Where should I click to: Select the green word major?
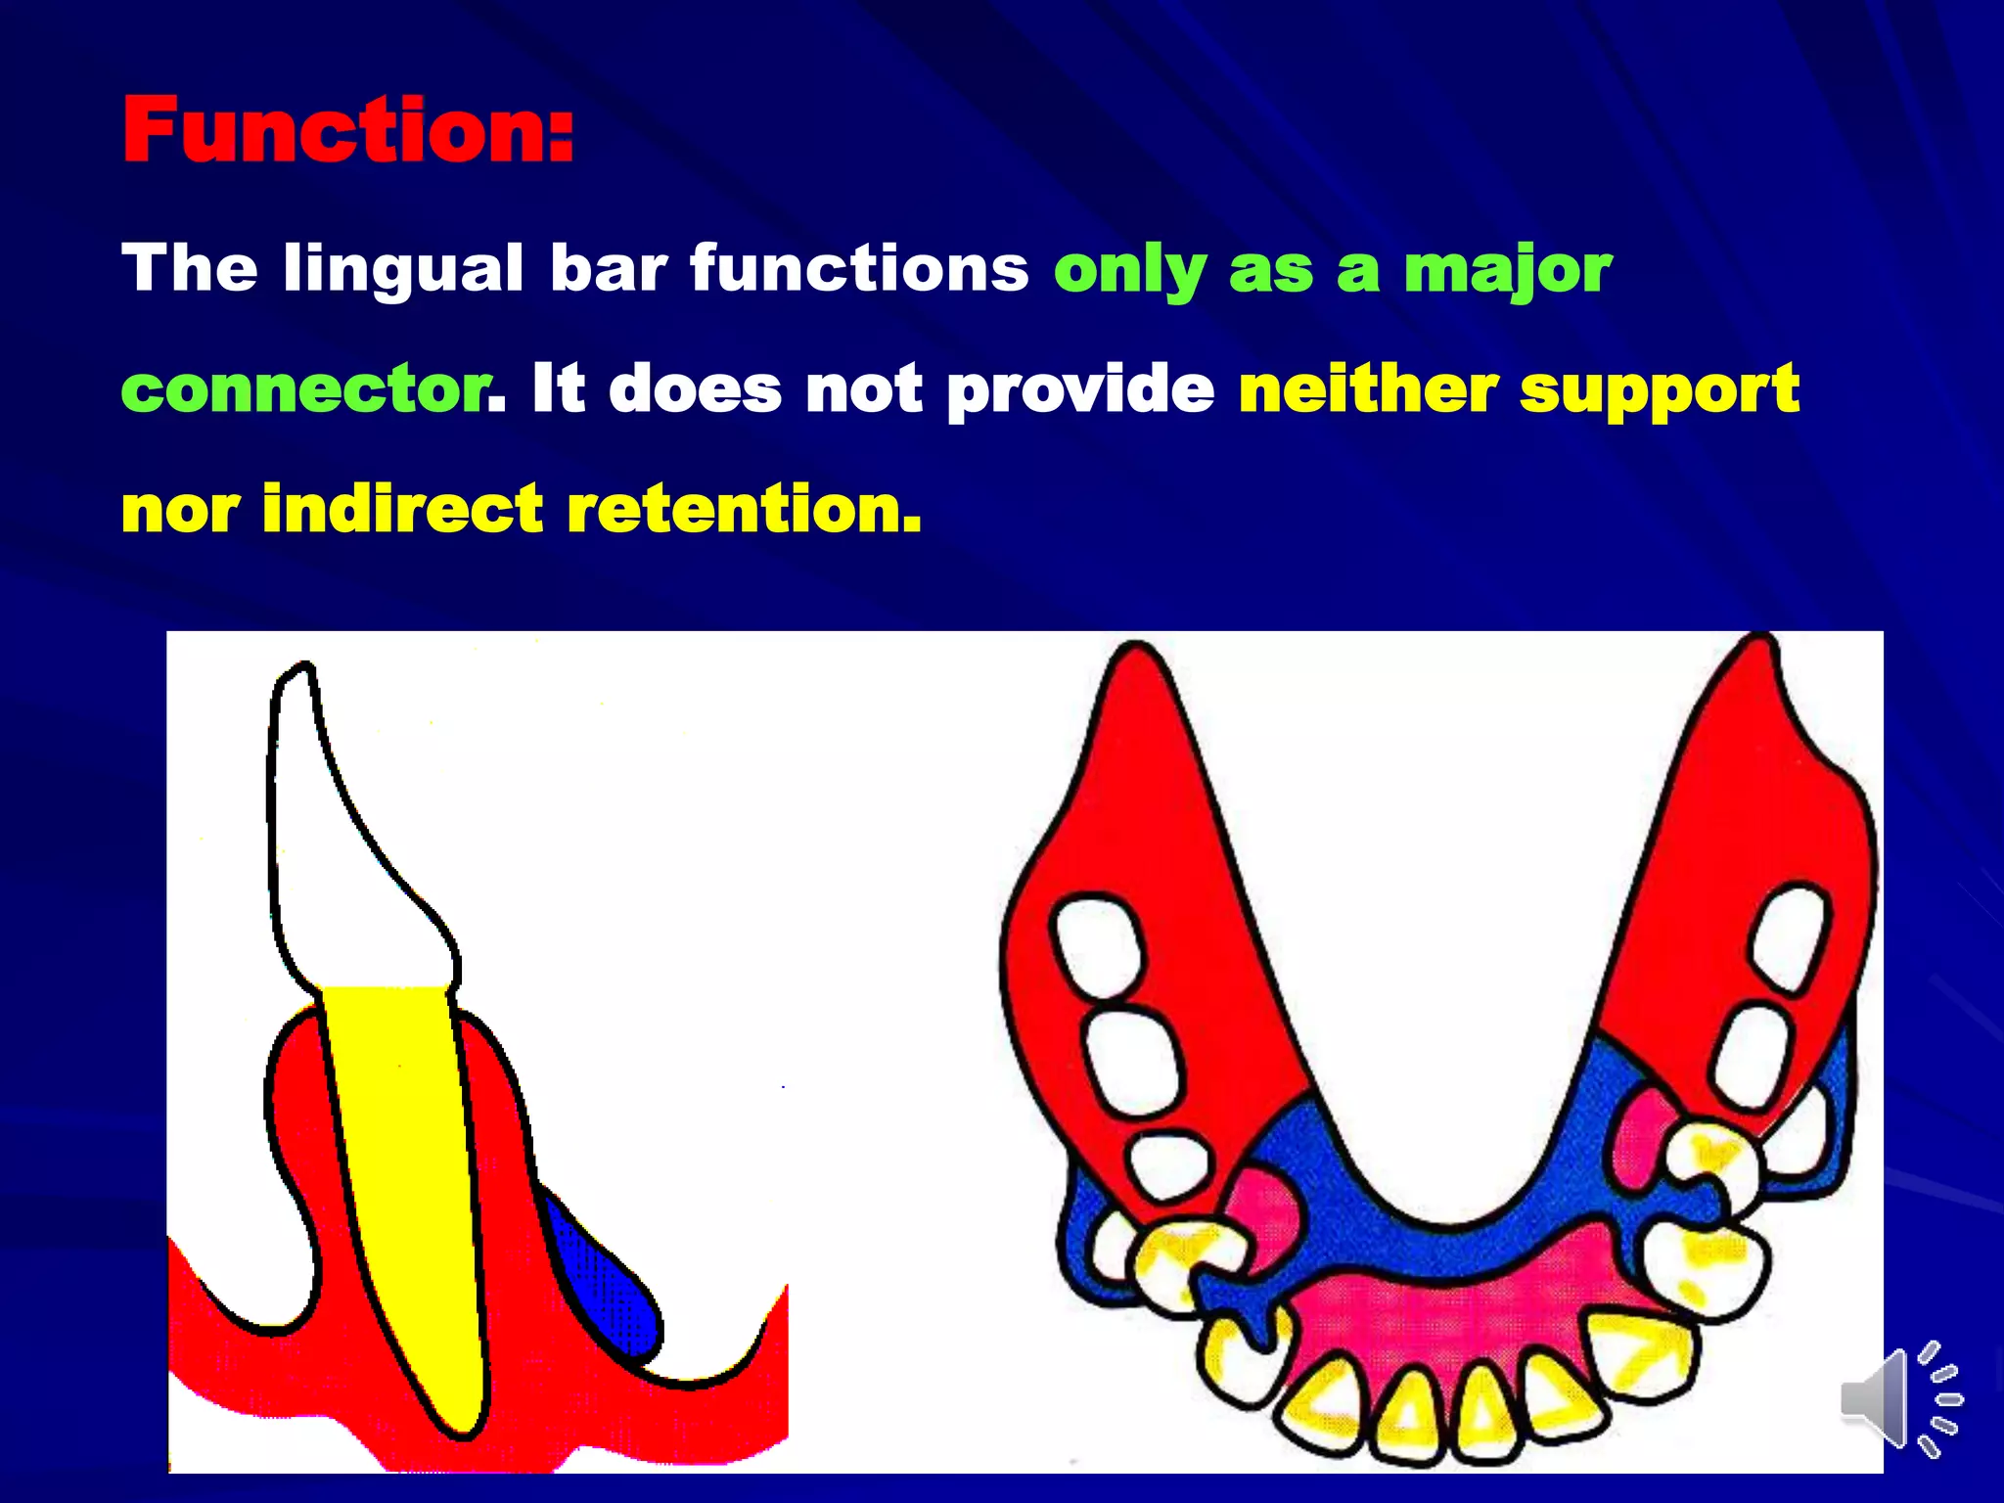coord(1507,270)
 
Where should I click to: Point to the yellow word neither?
coord(1368,388)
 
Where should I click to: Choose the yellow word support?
coord(1659,390)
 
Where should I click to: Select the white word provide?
coord(1080,390)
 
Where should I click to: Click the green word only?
coord(1130,270)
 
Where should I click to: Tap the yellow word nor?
coord(180,511)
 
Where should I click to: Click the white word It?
coord(558,388)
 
